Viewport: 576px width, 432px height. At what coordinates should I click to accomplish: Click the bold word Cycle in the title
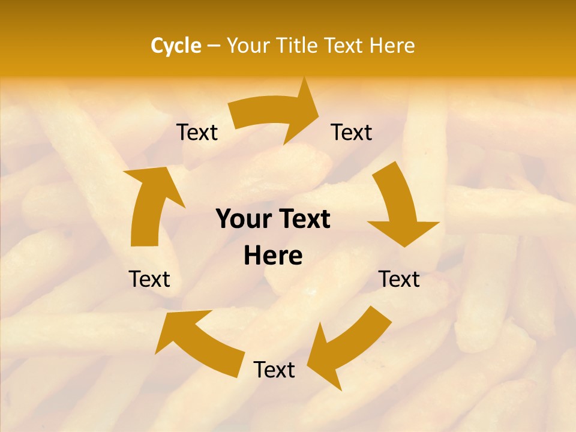(176, 46)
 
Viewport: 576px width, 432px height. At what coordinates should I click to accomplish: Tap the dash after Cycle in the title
(214, 46)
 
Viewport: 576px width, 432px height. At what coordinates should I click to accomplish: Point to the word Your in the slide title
(248, 46)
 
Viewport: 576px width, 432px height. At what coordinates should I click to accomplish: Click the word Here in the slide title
(392, 46)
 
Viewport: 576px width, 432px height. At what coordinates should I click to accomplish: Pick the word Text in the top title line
(344, 46)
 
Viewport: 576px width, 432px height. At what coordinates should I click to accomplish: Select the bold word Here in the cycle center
(273, 256)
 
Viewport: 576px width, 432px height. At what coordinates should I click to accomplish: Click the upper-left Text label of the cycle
(197, 133)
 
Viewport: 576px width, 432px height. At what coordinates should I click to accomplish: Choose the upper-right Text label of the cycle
(352, 133)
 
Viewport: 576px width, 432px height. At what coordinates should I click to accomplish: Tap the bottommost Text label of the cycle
(274, 370)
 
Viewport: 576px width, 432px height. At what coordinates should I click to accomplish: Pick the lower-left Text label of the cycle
(149, 279)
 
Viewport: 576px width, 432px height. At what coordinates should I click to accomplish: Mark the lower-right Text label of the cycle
(399, 279)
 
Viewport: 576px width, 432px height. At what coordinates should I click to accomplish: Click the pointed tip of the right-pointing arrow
(319, 112)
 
